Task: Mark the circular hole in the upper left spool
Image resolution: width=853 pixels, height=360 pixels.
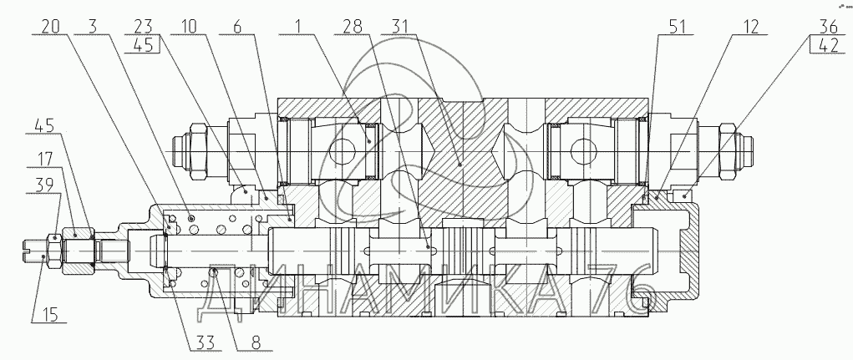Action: tap(342, 151)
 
